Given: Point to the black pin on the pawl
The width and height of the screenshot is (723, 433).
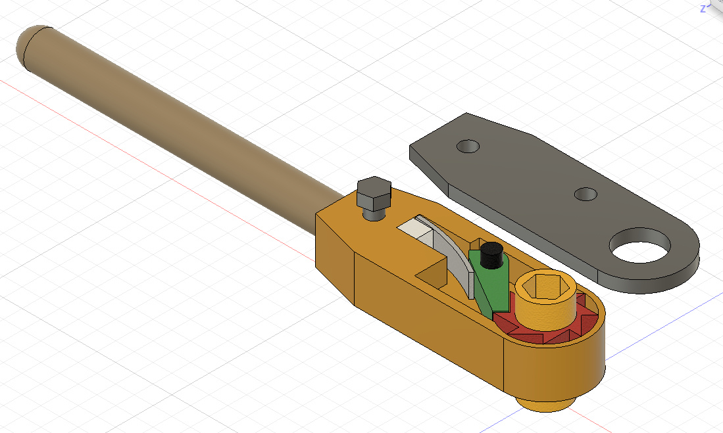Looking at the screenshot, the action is pos(491,255).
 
